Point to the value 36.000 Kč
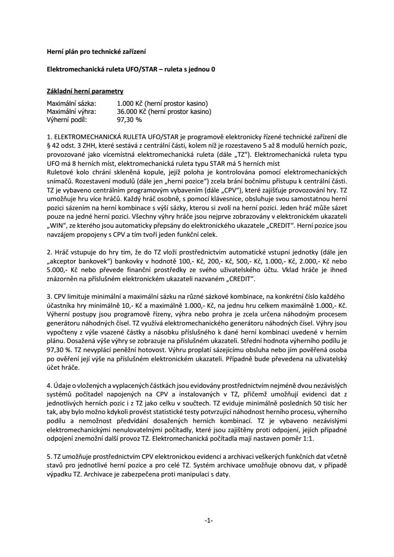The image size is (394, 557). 131,111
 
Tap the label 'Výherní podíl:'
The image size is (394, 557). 67,120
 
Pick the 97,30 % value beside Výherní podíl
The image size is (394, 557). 130,120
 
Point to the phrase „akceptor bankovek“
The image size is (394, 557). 76,262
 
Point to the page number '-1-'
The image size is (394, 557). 208,520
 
